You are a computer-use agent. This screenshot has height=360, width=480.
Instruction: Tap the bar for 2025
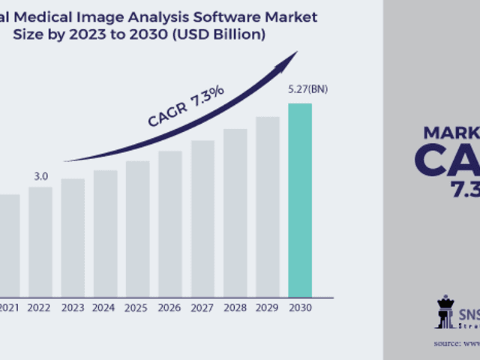coord(137,229)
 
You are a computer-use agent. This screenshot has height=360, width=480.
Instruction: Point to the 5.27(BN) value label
coord(307,90)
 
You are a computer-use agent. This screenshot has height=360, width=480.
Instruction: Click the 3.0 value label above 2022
coord(40,176)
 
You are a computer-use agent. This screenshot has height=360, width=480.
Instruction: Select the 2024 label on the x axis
coord(105,307)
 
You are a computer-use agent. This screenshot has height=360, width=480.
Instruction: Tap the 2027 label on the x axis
coord(202,307)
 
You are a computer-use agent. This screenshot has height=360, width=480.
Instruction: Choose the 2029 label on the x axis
coord(267,307)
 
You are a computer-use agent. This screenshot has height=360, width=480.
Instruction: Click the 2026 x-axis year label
coord(169,307)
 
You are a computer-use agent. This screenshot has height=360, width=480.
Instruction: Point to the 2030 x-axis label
coord(300,307)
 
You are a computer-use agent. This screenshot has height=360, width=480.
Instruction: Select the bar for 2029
coord(267,206)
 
